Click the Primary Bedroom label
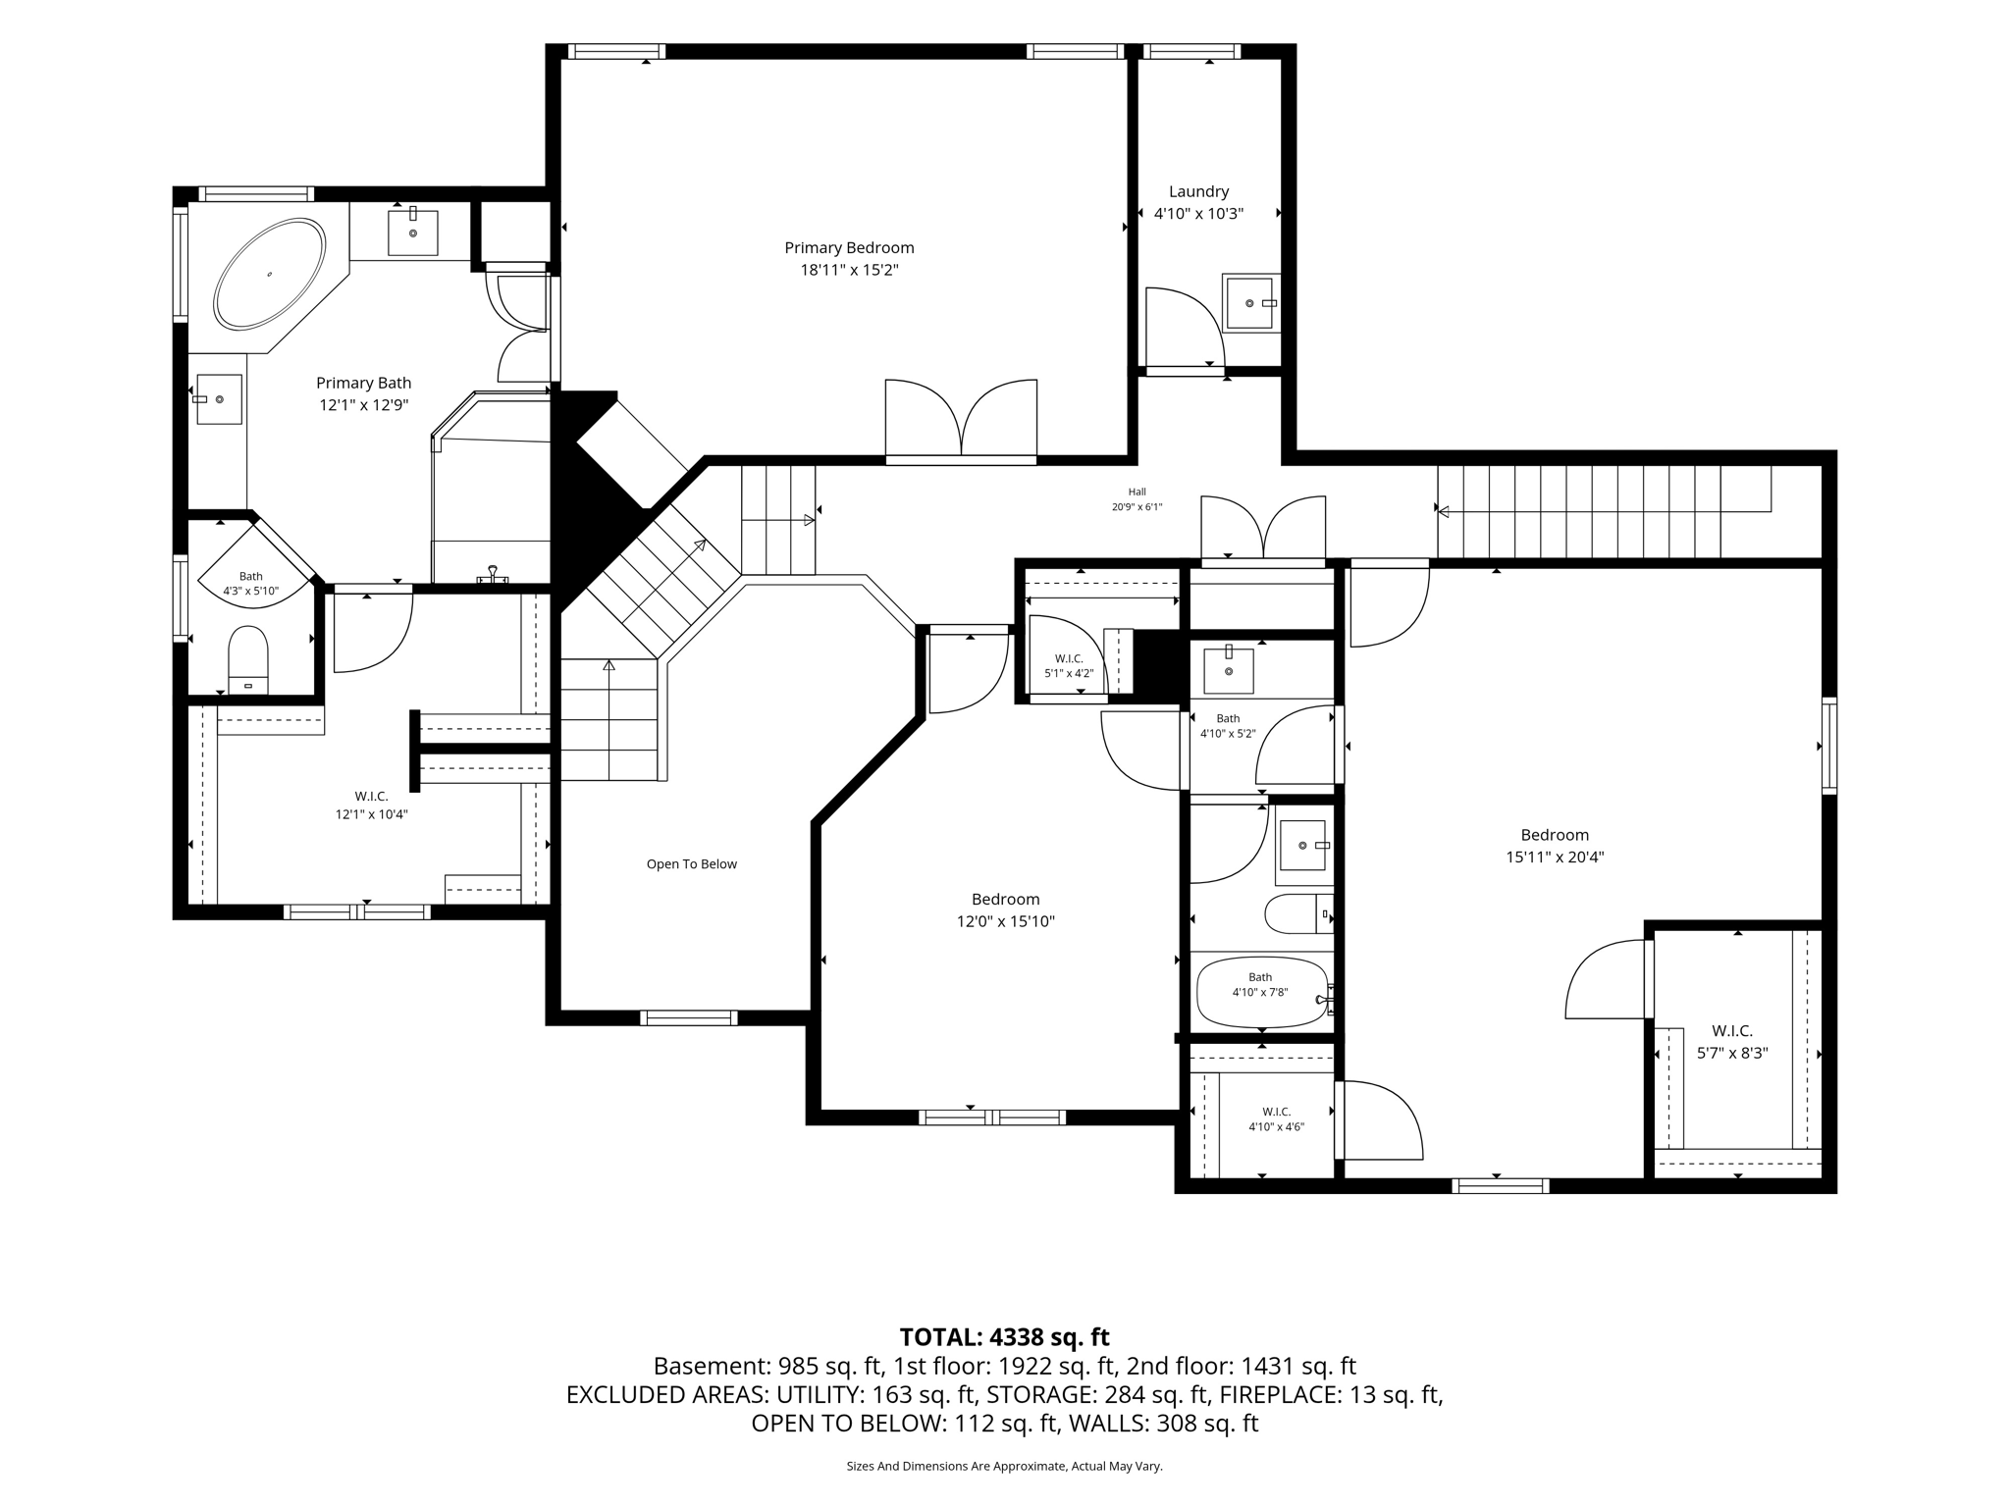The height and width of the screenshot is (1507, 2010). click(849, 248)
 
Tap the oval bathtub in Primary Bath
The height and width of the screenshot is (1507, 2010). click(270, 274)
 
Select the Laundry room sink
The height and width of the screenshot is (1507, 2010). click(1251, 303)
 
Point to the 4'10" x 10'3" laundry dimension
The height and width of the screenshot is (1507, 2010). click(1198, 214)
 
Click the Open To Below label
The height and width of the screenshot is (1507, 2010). click(691, 864)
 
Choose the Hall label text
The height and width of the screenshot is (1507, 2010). click(1137, 493)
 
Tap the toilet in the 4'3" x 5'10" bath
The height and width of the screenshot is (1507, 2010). click(248, 660)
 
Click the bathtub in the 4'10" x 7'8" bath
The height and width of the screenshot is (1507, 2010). click(1262, 993)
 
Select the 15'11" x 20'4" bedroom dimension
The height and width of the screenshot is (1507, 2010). click(1555, 857)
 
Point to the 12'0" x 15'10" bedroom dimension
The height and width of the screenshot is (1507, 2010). click(1005, 922)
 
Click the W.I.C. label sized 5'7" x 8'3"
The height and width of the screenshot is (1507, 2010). click(1732, 1031)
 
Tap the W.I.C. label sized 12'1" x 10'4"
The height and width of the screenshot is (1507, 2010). click(371, 797)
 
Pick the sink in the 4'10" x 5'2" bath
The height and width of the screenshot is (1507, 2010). click(1229, 670)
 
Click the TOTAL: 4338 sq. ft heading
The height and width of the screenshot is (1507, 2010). click(1004, 1337)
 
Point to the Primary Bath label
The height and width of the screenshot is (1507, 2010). click(363, 384)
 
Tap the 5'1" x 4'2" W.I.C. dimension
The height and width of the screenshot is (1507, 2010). click(1069, 674)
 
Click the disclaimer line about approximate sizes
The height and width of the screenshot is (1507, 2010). click(1004, 1467)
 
